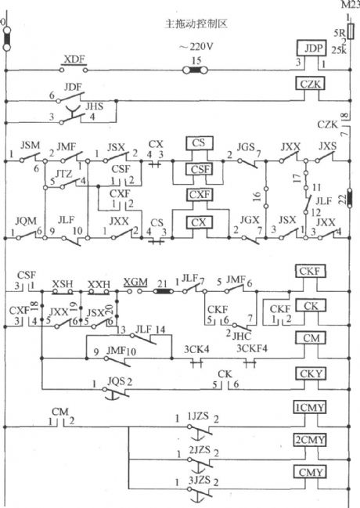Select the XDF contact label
[74, 59]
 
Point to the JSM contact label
[30, 146]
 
